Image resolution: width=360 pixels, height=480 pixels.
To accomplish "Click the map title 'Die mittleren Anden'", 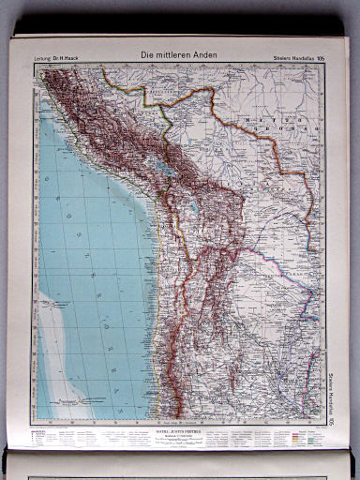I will [179, 55].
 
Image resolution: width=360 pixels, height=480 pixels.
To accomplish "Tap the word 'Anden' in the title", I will [206, 55].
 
